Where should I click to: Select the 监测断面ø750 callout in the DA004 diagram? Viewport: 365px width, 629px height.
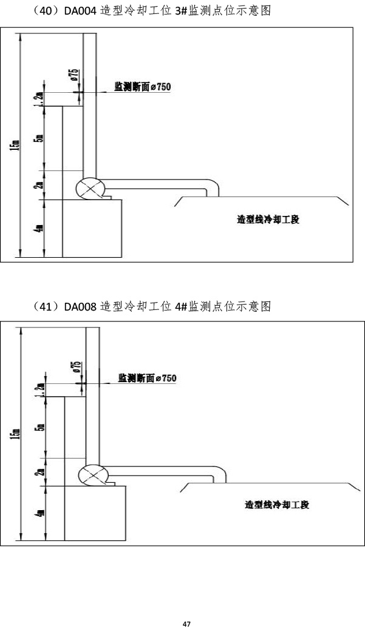click(143, 87)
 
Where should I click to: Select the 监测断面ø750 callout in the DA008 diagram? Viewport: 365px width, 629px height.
click(148, 378)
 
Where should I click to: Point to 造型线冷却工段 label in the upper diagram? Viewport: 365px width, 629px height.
click(268, 220)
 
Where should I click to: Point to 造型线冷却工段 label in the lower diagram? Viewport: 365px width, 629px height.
click(277, 505)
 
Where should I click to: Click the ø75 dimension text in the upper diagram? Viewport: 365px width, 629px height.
click(73, 76)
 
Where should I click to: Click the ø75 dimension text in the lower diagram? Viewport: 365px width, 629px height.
click(77, 368)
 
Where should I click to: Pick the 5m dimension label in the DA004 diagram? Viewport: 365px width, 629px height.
click(39, 138)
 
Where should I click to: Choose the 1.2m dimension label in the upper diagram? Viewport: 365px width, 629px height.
click(39, 98)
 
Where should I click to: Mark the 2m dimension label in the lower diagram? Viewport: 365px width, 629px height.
click(39, 472)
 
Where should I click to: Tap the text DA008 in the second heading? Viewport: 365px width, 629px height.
click(80, 306)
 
